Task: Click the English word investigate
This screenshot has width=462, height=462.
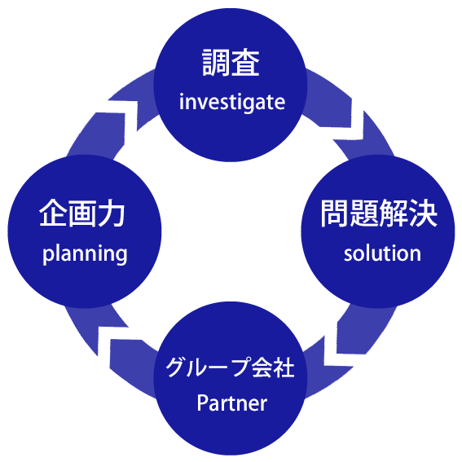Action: point(232,102)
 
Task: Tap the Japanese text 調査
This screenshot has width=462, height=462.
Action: point(231,63)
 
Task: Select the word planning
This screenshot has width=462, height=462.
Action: point(85,254)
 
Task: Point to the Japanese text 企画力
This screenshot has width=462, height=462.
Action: point(82,213)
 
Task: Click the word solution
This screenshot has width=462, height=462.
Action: point(382,253)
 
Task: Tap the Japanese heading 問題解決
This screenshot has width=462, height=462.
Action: point(379,213)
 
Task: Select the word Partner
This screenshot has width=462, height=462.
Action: point(232,403)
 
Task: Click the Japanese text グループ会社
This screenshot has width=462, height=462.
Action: point(230,367)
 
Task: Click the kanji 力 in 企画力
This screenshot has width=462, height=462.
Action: point(112,213)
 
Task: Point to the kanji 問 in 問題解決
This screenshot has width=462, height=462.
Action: point(334,213)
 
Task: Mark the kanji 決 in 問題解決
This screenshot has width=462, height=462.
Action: point(424,213)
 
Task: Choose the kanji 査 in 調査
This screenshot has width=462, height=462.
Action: point(245,63)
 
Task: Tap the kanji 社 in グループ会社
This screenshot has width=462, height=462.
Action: point(284,367)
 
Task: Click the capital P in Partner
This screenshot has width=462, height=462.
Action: point(202,403)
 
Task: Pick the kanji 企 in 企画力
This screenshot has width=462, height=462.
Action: point(53,213)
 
